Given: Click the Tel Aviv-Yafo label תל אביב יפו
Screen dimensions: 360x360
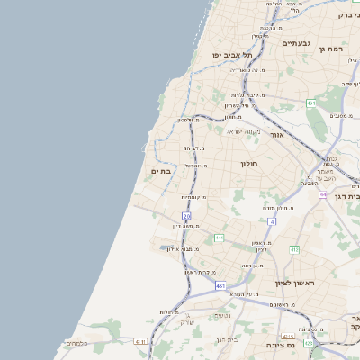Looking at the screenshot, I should click(230, 55).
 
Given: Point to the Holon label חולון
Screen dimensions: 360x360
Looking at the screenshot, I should click(248, 164).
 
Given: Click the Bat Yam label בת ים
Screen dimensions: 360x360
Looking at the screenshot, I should click(161, 171).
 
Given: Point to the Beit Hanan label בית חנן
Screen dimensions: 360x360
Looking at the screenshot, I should click(226, 339).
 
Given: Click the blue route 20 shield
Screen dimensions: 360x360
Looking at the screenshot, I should click(186, 216).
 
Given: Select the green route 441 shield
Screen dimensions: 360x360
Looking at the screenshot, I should click(219, 238).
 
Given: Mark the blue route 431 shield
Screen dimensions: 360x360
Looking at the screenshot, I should click(220, 285).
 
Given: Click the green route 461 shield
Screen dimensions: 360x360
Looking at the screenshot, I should click(311, 103).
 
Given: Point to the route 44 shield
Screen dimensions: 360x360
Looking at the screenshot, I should click(323, 194).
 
